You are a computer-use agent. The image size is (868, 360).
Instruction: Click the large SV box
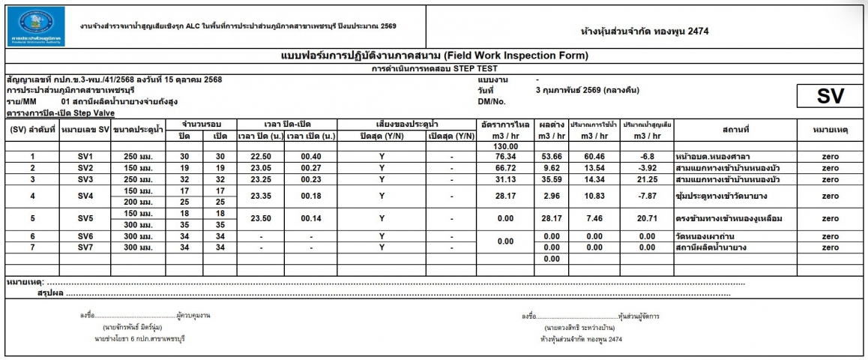click(822, 95)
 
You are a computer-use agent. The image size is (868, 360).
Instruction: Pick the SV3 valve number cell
click(85, 179)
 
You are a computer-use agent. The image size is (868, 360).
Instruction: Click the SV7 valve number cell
click(85, 247)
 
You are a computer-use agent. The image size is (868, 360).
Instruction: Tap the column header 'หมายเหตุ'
click(829, 129)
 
